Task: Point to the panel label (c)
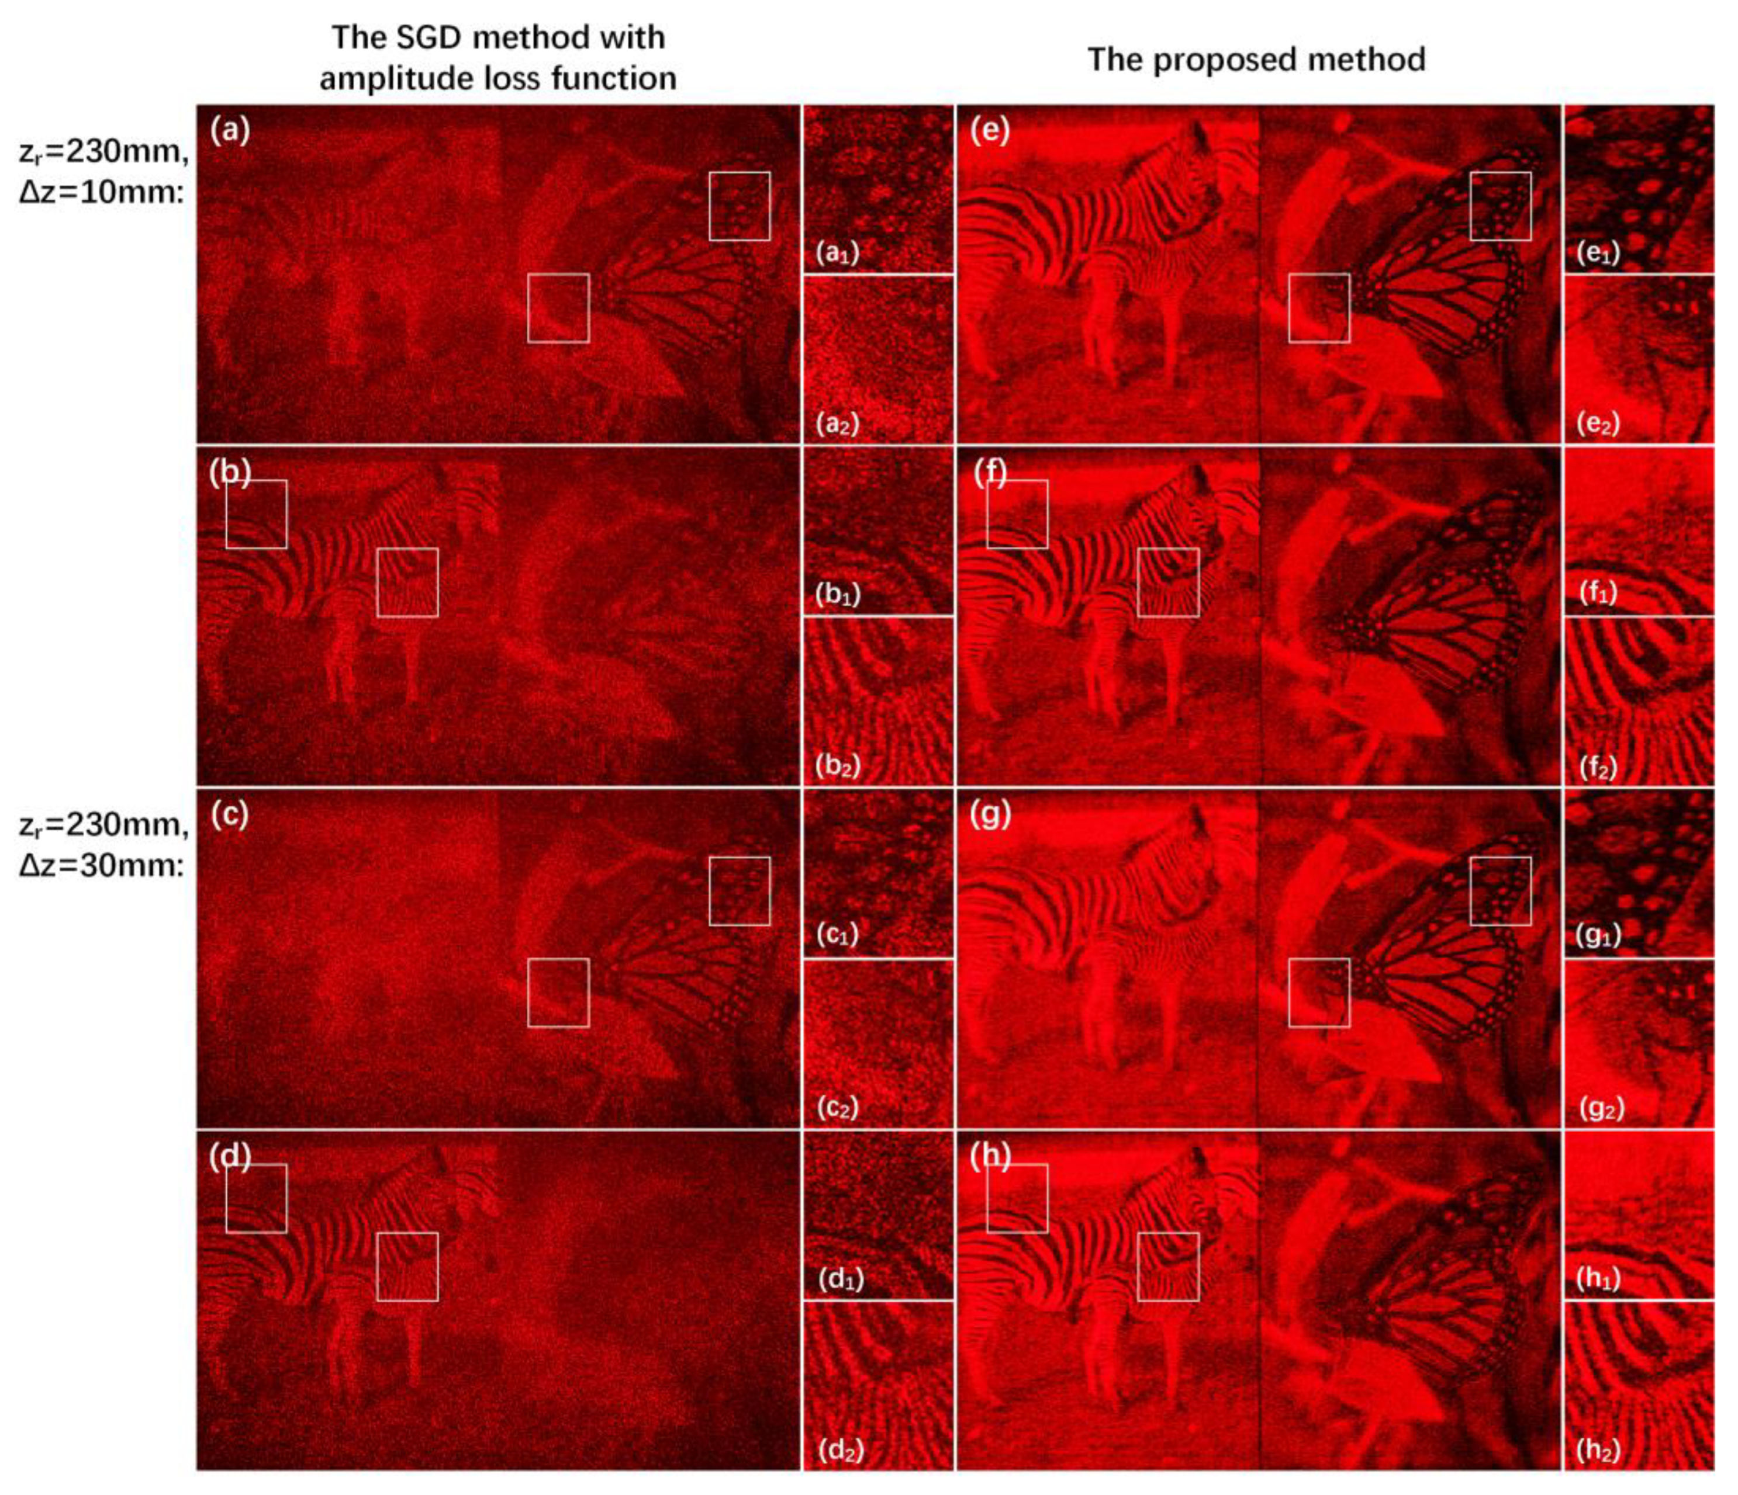tap(230, 815)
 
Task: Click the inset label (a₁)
tap(838, 252)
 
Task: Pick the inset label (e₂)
tap(1598, 424)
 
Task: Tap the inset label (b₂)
tap(838, 765)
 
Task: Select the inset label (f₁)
tap(1598, 593)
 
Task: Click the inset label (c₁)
tap(838, 935)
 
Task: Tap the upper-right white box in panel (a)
tap(739, 206)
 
